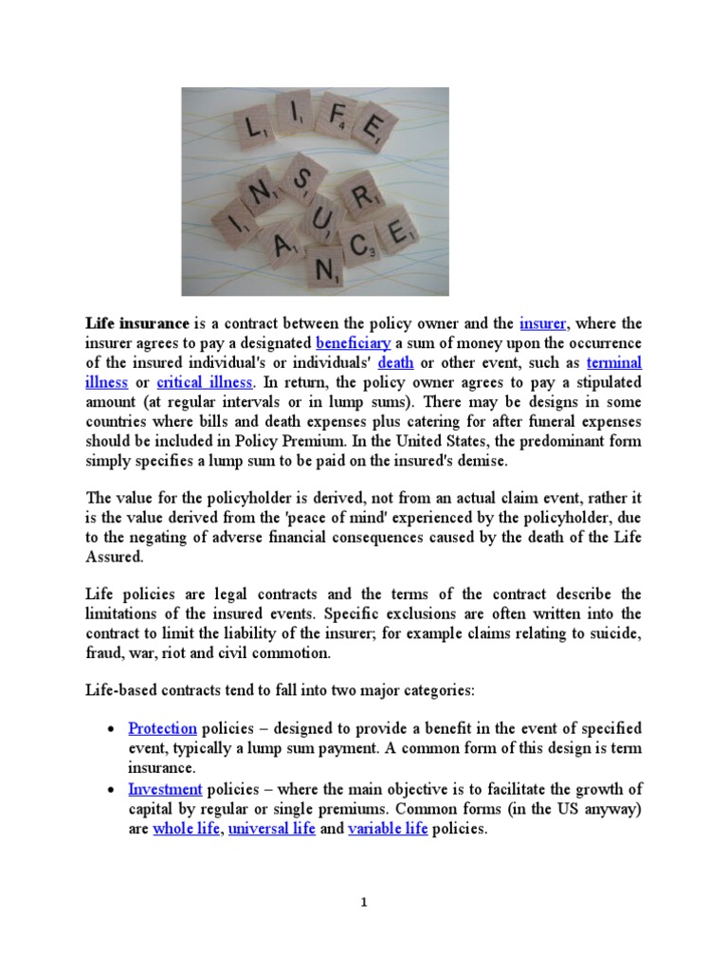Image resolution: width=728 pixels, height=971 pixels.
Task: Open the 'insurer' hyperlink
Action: point(543,324)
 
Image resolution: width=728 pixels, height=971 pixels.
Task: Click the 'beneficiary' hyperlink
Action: point(354,343)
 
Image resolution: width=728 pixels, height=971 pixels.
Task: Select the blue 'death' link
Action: point(395,363)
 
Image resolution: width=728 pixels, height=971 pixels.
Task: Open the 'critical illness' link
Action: point(205,383)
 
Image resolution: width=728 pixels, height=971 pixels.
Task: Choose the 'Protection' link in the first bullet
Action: point(162,728)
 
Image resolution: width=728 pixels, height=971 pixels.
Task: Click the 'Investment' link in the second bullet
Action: point(165,789)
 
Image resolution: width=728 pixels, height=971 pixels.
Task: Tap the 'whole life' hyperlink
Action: point(186,829)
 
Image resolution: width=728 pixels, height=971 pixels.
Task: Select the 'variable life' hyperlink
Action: point(388,829)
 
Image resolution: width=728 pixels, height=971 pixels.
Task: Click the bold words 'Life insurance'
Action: point(137,324)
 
